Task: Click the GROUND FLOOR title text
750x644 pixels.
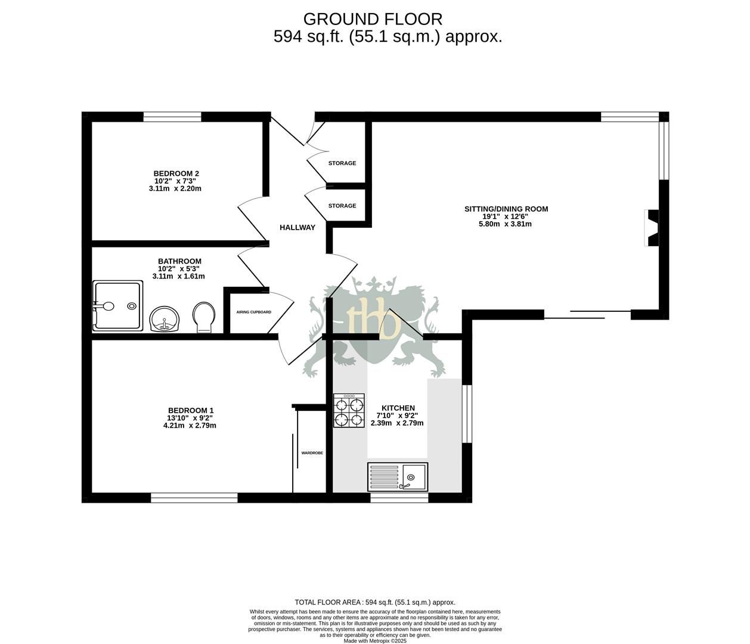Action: click(x=373, y=19)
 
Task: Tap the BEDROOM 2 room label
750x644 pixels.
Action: click(x=176, y=173)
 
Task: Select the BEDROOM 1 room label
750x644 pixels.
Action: click(x=190, y=410)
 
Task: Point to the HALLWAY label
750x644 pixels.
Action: click(x=297, y=227)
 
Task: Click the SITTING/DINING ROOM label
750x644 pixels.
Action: click(x=506, y=209)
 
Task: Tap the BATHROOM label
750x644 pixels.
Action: click(x=179, y=261)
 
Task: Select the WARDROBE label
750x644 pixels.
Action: click(x=312, y=453)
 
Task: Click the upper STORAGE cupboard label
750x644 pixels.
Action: click(x=342, y=163)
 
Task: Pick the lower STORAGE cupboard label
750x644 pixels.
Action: click(x=342, y=206)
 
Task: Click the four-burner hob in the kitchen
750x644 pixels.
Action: click(x=349, y=411)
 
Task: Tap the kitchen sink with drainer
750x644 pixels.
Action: click(x=398, y=476)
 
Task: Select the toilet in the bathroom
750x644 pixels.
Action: click(x=203, y=317)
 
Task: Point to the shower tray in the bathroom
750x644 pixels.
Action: click(x=118, y=306)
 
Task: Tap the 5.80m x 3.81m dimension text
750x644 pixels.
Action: click(x=505, y=224)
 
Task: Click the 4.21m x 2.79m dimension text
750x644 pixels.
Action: click(x=190, y=426)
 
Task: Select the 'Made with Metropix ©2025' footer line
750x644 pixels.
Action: click(x=375, y=641)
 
